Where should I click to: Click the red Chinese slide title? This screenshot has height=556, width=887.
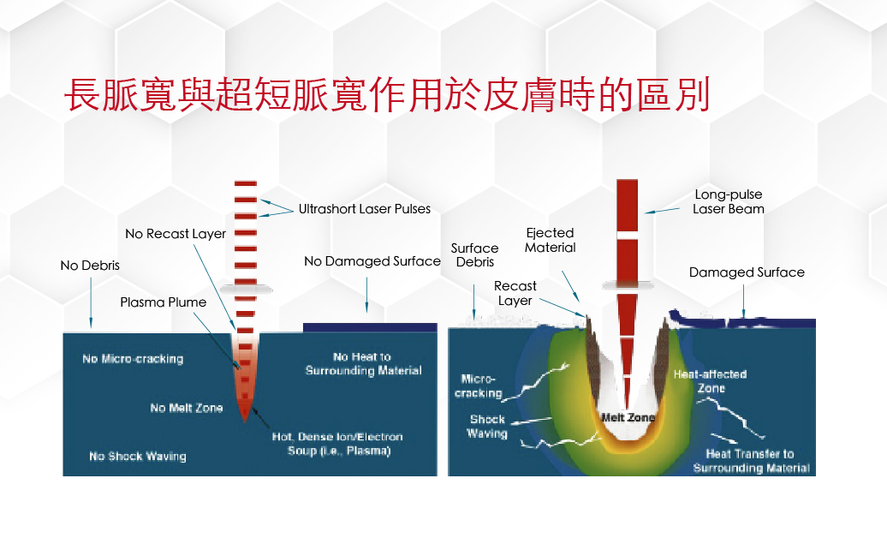[387, 94]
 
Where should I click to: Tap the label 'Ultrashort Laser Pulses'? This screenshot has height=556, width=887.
[365, 209]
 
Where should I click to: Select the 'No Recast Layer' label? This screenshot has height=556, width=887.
[176, 234]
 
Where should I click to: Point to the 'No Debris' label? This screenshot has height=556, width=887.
[90, 265]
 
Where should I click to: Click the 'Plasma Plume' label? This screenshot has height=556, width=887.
[163, 302]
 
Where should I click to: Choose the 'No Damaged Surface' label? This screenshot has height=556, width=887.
[372, 261]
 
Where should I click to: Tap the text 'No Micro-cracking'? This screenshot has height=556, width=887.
[133, 358]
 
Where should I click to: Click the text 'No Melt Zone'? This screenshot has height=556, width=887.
[186, 408]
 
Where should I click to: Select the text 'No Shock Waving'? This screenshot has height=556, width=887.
[138, 457]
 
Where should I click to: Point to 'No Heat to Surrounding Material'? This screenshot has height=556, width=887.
[363, 363]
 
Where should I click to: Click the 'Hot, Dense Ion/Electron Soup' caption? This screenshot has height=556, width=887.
[337, 444]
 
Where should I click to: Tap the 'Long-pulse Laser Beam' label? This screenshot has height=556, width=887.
[729, 201]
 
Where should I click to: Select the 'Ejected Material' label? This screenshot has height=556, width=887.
[550, 240]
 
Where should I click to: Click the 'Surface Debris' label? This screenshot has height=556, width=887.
[474, 254]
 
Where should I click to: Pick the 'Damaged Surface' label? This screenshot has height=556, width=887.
[747, 272]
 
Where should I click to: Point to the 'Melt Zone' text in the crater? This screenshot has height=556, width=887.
[628, 417]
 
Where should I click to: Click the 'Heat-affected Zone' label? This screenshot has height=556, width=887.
[711, 381]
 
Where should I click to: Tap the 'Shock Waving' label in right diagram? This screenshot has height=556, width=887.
[487, 427]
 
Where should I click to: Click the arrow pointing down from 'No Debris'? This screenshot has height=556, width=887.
[91, 303]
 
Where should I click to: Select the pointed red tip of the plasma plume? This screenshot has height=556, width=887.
[244, 421]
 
